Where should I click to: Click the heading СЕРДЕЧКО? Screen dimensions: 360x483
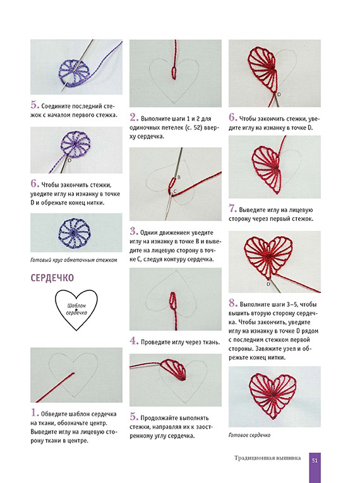point(52,278)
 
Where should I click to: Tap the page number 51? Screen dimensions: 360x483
point(315,460)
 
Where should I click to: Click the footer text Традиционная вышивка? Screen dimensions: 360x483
point(267,458)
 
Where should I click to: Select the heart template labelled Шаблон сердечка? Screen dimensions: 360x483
point(76,309)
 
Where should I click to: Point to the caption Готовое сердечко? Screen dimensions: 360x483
point(249,435)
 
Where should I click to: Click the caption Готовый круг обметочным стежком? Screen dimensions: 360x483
point(74,260)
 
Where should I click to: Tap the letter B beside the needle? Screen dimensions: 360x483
point(179,177)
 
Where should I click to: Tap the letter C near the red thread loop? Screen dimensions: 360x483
point(175,191)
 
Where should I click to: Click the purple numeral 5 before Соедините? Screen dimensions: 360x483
point(35,105)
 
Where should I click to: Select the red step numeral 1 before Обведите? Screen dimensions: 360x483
point(34,412)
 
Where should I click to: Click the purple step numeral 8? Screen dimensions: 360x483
point(232,303)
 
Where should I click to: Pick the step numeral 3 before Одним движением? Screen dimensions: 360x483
point(133,231)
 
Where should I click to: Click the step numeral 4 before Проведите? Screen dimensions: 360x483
point(134,341)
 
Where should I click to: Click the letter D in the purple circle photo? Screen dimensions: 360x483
point(69,160)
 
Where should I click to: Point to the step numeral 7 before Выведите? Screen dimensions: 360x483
point(232,208)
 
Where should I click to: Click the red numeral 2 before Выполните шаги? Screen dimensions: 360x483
point(134,117)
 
